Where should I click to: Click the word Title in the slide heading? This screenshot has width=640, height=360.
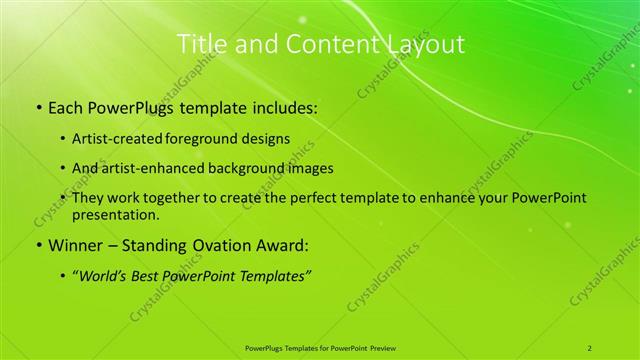[x=200, y=44]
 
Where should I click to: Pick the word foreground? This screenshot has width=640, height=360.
[x=219, y=138]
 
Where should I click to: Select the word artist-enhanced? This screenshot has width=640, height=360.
[x=159, y=168]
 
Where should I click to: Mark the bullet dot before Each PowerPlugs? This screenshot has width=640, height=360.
[x=38, y=105]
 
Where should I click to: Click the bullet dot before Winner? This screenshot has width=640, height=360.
[x=38, y=245]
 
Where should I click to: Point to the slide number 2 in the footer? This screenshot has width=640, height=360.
[x=590, y=348]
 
